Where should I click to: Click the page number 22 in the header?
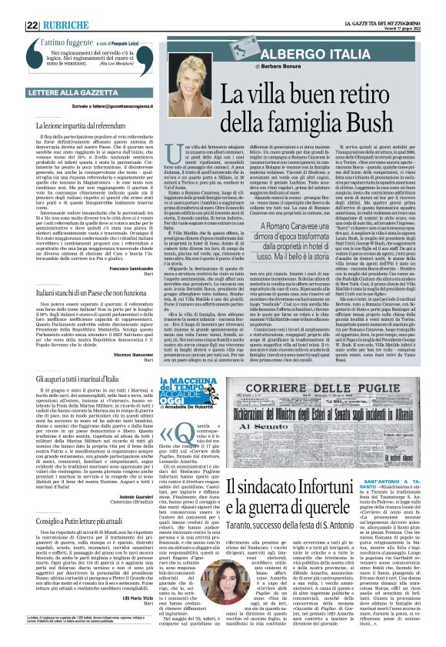33,25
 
